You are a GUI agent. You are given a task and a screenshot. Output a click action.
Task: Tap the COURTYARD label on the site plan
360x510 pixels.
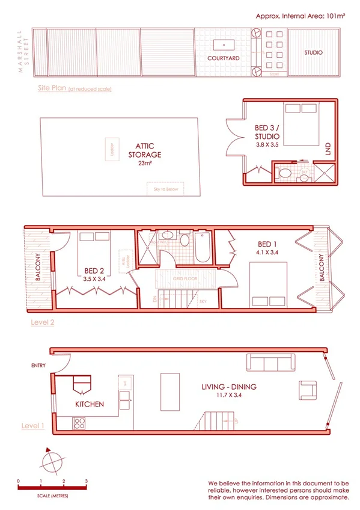224,58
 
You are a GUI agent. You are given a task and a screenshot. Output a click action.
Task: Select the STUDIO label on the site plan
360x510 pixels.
313,53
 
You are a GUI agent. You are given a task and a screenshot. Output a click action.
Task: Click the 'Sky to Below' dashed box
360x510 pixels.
165,189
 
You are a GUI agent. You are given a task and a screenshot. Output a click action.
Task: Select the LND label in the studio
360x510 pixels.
328,150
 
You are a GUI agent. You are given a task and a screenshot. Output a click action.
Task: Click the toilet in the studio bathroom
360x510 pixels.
285,174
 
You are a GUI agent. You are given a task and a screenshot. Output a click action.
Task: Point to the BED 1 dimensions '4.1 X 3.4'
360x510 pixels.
267,253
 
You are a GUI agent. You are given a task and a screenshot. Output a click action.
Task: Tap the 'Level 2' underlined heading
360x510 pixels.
43,322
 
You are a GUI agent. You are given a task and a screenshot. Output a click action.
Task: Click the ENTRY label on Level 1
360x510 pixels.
39,365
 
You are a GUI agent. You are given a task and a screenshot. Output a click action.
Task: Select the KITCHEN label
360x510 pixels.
90,404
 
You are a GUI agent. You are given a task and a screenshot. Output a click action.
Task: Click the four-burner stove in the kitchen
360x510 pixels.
79,423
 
